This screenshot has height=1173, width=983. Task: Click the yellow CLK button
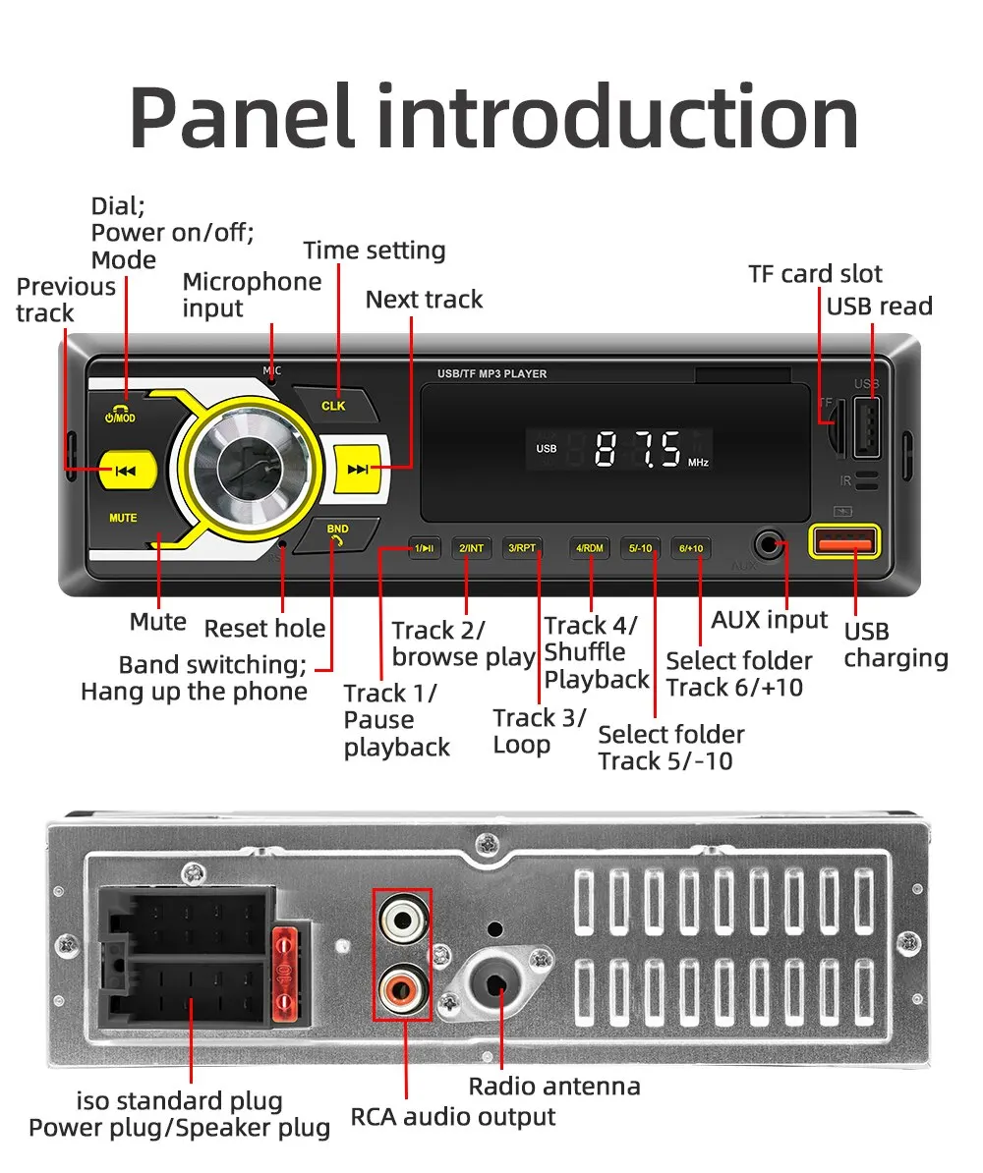(x=334, y=405)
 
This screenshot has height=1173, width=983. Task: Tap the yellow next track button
(x=357, y=470)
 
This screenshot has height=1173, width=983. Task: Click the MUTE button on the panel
(x=123, y=518)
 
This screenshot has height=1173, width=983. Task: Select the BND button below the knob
(x=337, y=533)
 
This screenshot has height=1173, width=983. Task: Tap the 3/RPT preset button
(x=522, y=548)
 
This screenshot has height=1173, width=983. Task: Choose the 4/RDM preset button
(x=590, y=548)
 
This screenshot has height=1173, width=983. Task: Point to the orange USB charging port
(x=842, y=541)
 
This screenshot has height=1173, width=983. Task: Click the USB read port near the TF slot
(x=865, y=426)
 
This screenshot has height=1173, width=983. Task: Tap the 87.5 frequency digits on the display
(x=638, y=449)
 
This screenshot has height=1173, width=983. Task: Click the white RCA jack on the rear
(x=401, y=921)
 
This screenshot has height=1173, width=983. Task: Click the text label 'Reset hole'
(x=264, y=629)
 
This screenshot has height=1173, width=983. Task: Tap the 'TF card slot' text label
(x=815, y=274)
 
